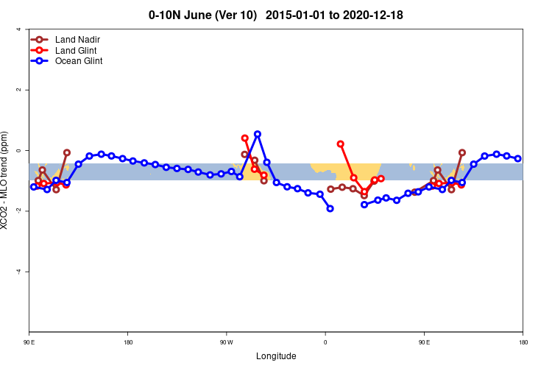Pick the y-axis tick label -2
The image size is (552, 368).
(18, 211)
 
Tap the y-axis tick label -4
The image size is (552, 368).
(18, 272)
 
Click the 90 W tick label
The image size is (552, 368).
(226, 342)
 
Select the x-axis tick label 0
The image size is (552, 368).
(325, 342)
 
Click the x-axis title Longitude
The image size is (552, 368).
(276, 356)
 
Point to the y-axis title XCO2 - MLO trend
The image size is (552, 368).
(7, 180)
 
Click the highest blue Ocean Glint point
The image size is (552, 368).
(257, 134)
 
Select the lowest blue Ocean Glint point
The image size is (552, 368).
(330, 208)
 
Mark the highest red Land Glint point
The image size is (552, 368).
(340, 144)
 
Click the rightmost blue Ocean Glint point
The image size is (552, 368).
(517, 158)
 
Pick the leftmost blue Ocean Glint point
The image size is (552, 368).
(34, 187)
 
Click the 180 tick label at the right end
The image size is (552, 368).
(523, 342)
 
